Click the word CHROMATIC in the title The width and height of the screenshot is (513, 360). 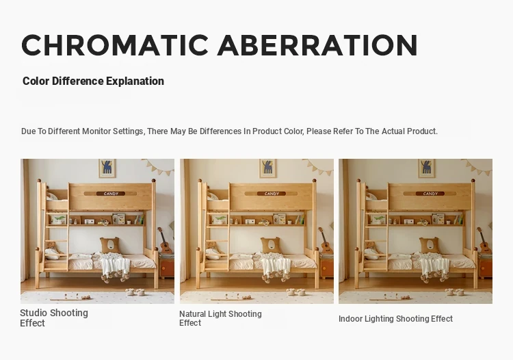point(115,45)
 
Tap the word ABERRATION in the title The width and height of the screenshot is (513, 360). point(317,45)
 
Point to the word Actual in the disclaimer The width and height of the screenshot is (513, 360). point(397,131)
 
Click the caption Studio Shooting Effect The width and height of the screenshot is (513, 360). point(54,318)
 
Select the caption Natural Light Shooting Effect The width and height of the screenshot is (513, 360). point(220,318)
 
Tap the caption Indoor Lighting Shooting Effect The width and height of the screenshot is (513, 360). point(395,319)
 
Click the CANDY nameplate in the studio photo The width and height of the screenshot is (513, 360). point(111,194)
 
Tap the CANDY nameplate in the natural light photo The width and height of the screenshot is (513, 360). point(272,194)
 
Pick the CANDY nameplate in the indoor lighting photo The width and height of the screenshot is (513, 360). point(430,194)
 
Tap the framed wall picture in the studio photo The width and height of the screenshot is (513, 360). point(107,168)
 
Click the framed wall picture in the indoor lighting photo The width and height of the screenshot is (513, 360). point(427,168)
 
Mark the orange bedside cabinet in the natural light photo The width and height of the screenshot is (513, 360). point(326,267)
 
